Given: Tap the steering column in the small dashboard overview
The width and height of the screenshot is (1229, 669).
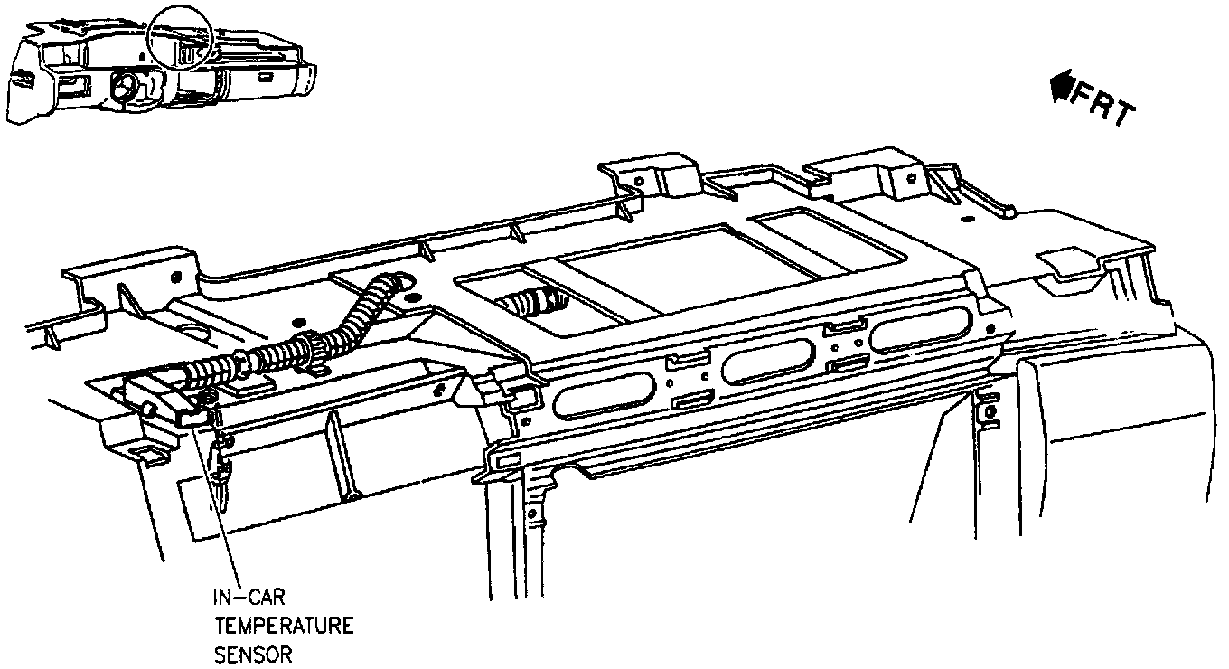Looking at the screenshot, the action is [x=126, y=88].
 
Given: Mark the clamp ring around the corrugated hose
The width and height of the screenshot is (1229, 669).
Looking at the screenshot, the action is [x=310, y=348].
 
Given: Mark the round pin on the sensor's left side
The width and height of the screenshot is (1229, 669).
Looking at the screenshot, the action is [x=146, y=410].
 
